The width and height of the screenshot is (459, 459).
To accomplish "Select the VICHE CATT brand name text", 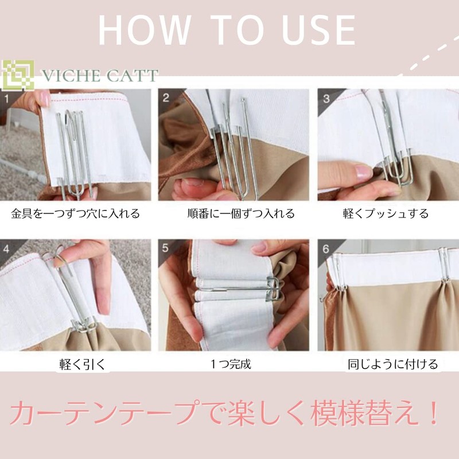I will [99, 76].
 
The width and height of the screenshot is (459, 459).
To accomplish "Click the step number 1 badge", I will [7, 98].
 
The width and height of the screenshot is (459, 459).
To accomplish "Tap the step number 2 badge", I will [166, 98].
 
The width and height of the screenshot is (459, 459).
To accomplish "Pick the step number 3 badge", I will [326, 98].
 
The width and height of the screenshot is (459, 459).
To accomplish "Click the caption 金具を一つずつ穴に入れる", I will [75, 214].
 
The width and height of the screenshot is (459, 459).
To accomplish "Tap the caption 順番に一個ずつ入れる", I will [234, 214].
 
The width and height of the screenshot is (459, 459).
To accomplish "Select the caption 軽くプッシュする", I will [386, 214].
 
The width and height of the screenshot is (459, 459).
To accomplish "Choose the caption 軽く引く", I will [75, 364].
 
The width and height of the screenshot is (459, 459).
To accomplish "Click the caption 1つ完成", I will [231, 364].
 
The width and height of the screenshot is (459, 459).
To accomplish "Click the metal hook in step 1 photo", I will [73, 146].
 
